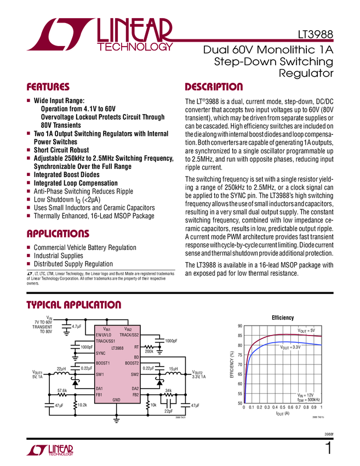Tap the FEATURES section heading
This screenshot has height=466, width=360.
(48, 87)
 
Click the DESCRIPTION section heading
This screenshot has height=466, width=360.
(214, 87)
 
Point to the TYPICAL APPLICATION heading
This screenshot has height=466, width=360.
(73, 305)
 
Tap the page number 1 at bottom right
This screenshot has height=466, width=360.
(328, 448)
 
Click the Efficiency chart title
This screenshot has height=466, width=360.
(283, 318)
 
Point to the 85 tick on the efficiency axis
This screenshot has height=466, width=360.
(240, 336)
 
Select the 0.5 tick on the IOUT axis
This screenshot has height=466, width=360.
(283, 407)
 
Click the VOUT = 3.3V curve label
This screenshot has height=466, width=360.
(290, 348)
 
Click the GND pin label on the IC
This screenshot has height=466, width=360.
(116, 400)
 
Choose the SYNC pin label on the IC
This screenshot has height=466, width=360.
(101, 354)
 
